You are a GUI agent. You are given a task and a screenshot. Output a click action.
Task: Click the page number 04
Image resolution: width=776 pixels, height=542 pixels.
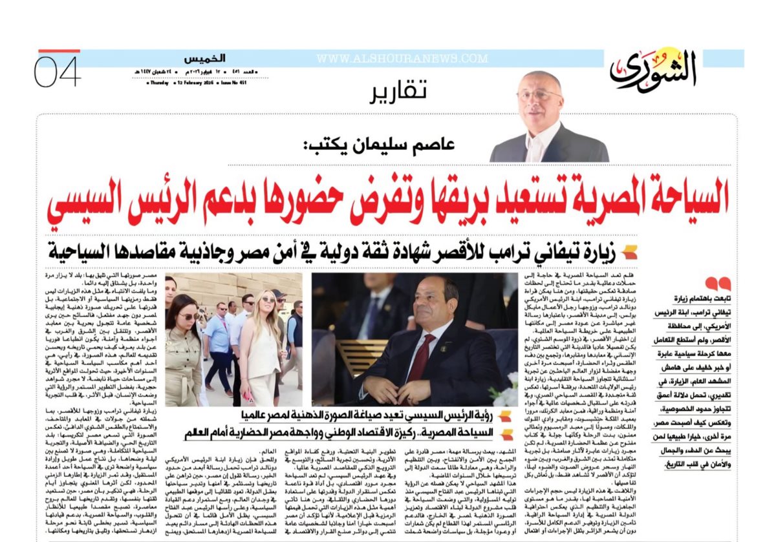click(57, 72)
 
